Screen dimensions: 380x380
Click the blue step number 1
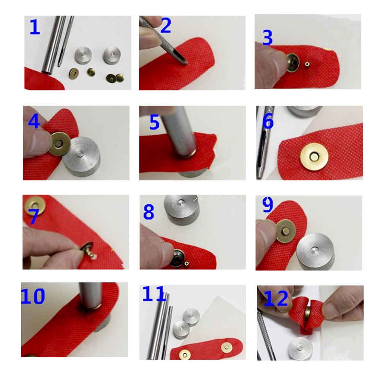pos(35,27)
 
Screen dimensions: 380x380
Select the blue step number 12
pos(275,298)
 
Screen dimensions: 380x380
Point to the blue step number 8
pos(149,212)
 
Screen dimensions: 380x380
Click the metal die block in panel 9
pos(315,252)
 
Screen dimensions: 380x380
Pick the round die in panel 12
pos(300,348)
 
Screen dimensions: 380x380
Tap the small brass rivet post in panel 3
pos(307,65)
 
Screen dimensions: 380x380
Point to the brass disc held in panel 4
pos(60,144)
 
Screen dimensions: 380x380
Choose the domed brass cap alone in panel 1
pos(91,71)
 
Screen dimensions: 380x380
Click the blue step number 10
pos(33,296)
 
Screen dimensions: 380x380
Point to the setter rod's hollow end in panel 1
pos(46,72)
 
